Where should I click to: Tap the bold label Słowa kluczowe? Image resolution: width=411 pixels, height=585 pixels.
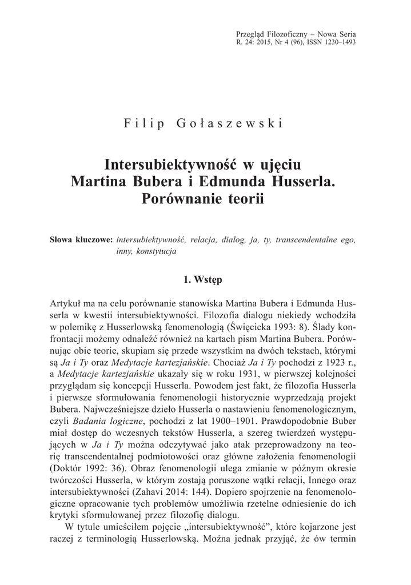(81, 240)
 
